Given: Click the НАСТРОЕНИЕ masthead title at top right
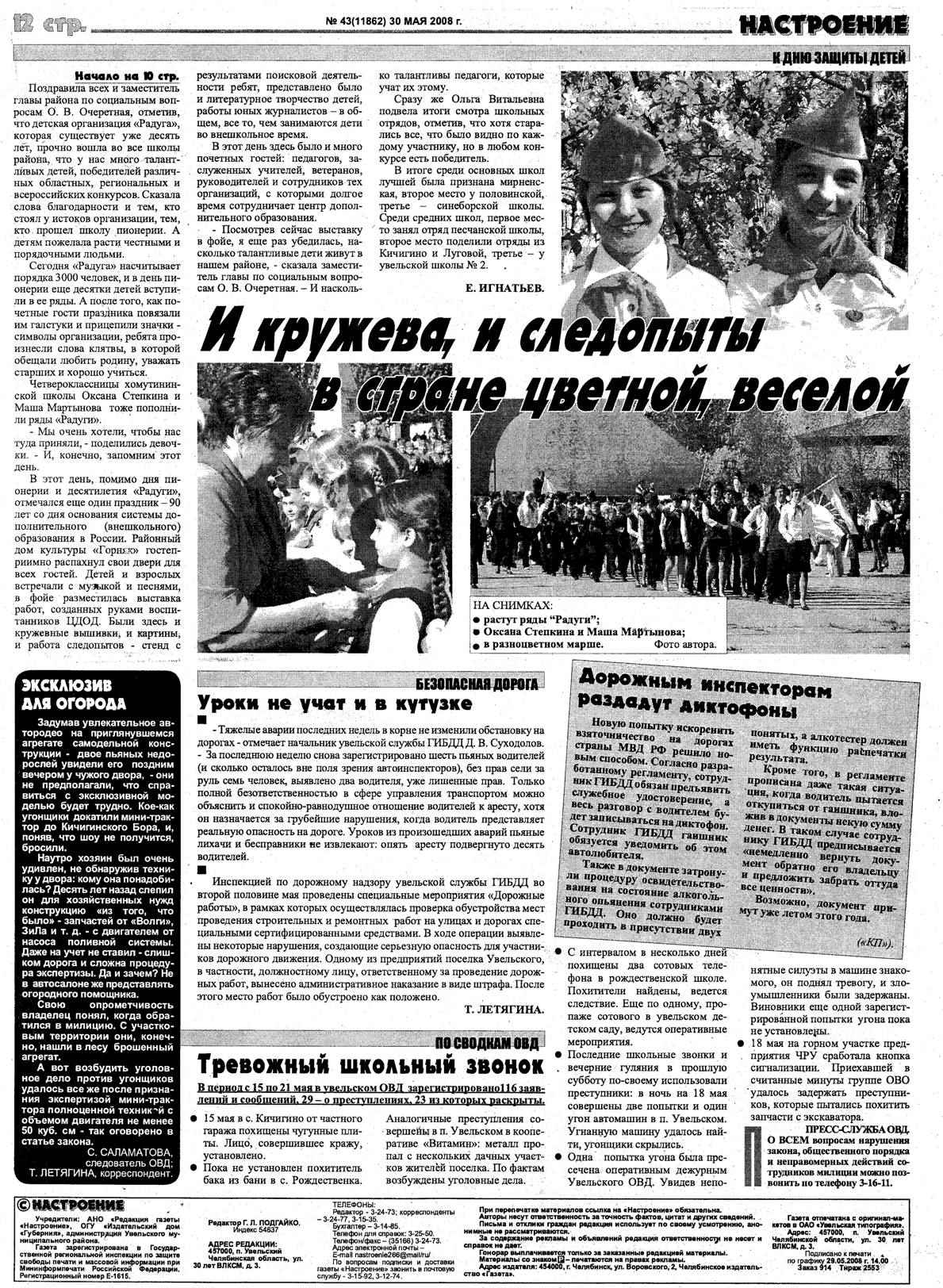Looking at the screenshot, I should tap(822, 25).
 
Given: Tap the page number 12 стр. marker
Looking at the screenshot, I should tap(48, 25).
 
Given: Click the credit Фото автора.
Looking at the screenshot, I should tap(684, 645).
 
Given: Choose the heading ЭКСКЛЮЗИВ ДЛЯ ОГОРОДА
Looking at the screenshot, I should tap(74, 693).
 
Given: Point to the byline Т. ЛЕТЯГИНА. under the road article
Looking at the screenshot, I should tap(504, 1010).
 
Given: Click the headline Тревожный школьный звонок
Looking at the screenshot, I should tap(370, 1065).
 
